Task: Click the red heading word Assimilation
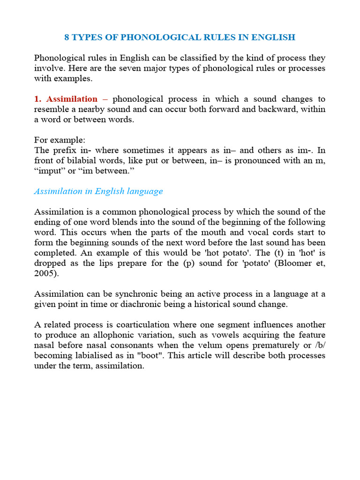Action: tap(72, 99)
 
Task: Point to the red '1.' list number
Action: tap(38, 99)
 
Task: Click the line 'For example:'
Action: tap(60, 140)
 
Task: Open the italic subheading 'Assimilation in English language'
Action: tap(98, 191)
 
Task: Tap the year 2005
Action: tap(44, 274)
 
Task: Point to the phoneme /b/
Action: tap(319, 345)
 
